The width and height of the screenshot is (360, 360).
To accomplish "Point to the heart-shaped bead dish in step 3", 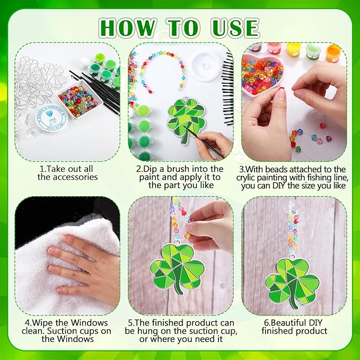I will point(263,75).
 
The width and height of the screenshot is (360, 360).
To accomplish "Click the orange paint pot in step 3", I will point(333,52).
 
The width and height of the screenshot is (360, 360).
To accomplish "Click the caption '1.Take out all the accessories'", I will point(68,172).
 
